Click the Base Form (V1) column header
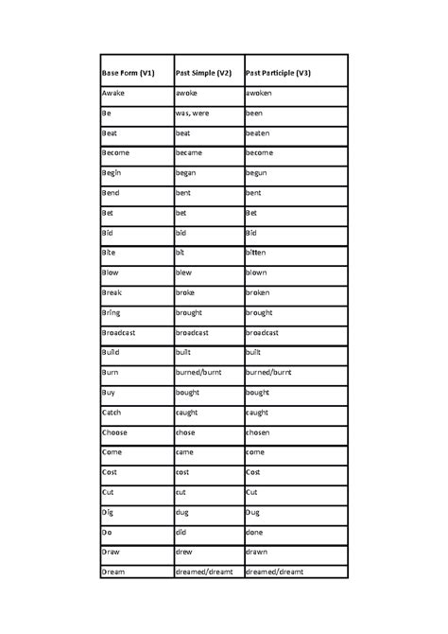(x=129, y=74)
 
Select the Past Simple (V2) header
(x=203, y=74)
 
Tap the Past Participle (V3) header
(x=278, y=74)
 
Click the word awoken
(x=261, y=94)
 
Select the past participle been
(x=255, y=114)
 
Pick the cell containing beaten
(x=258, y=133)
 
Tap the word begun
(x=257, y=174)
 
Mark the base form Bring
(x=112, y=312)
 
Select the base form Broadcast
(x=120, y=333)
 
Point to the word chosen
(x=259, y=432)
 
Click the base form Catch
(x=112, y=413)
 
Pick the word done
(x=256, y=532)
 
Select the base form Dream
(x=115, y=572)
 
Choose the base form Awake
(x=114, y=94)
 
